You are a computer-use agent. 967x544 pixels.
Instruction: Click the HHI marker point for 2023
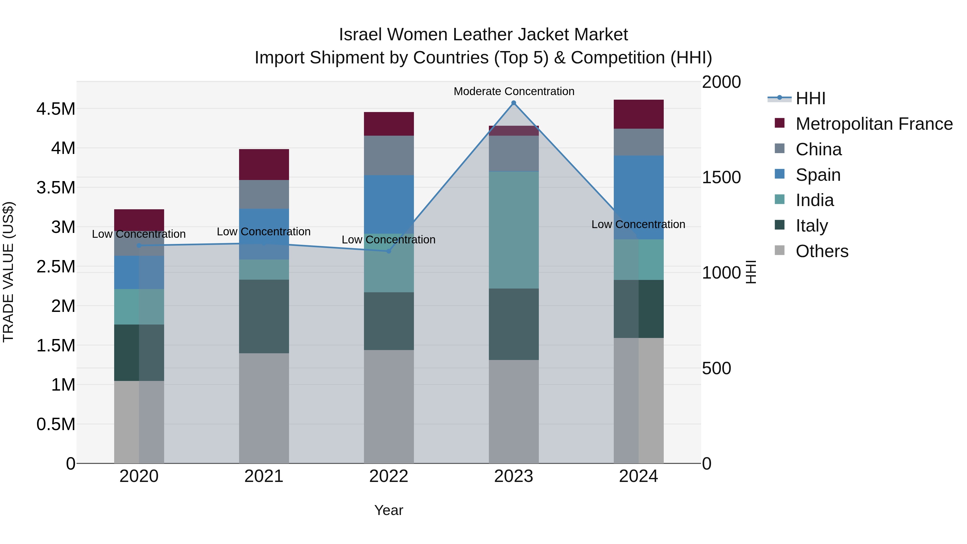pyautogui.click(x=514, y=103)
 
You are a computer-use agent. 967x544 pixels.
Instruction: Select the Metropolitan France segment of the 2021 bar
pyautogui.click(x=264, y=164)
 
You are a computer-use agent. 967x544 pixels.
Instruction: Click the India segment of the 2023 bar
pyautogui.click(x=514, y=230)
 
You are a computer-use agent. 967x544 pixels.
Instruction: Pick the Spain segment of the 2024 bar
pyautogui.click(x=638, y=197)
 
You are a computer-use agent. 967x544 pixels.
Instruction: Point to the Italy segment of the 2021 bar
pyautogui.click(x=264, y=316)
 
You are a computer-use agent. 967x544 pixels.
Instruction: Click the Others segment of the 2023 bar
pyautogui.click(x=514, y=411)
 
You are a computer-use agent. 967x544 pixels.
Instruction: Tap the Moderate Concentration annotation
pyautogui.click(x=514, y=91)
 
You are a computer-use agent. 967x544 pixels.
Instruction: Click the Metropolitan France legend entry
pyautogui.click(x=874, y=124)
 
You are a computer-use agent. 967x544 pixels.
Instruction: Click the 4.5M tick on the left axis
pyautogui.click(x=56, y=109)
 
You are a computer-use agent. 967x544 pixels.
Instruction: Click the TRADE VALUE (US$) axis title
pyautogui.click(x=8, y=272)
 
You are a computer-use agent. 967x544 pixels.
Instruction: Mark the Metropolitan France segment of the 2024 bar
pyautogui.click(x=638, y=114)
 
